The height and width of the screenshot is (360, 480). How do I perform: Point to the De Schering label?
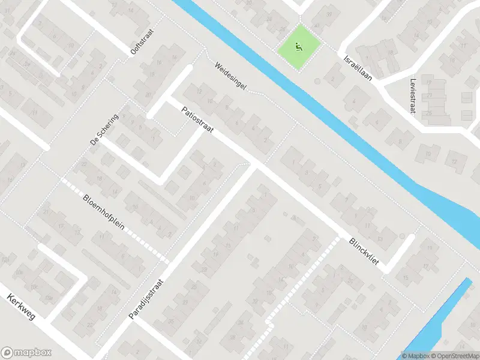pos(104,130)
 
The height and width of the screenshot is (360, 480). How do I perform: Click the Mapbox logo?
pos(26,353)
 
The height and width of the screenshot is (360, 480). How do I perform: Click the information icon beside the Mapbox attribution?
pos(406,356)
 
